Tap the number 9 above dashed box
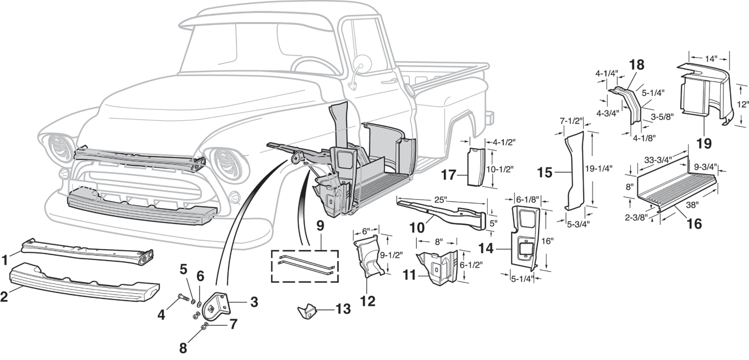pyautogui.click(x=320, y=227)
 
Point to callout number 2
pyautogui.click(x=5, y=296)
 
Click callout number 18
pyautogui.click(x=636, y=64)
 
